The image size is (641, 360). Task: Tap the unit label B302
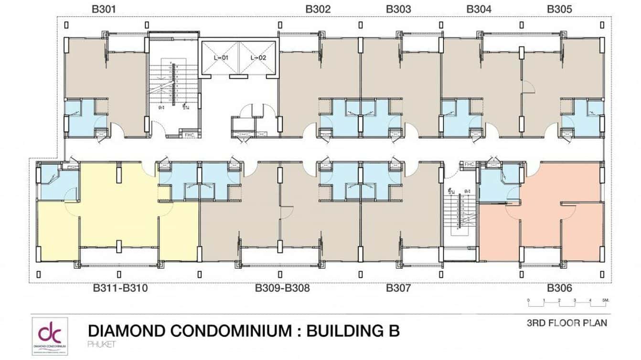click(x=318, y=9)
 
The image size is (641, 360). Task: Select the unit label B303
click(x=398, y=9)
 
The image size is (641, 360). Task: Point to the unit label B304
click(x=479, y=9)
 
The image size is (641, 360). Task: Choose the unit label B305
click(x=559, y=9)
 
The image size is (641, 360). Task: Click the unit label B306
click(x=559, y=288)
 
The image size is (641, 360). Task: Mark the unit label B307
click(x=398, y=288)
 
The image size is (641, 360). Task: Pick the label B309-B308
click(x=282, y=288)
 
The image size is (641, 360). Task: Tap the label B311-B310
click(x=120, y=288)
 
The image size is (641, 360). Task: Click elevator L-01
click(x=220, y=58)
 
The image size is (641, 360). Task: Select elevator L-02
click(x=257, y=58)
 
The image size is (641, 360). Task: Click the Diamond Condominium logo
click(x=50, y=336)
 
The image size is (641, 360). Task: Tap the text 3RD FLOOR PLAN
click(x=566, y=323)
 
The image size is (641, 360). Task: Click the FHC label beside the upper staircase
click(x=189, y=135)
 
